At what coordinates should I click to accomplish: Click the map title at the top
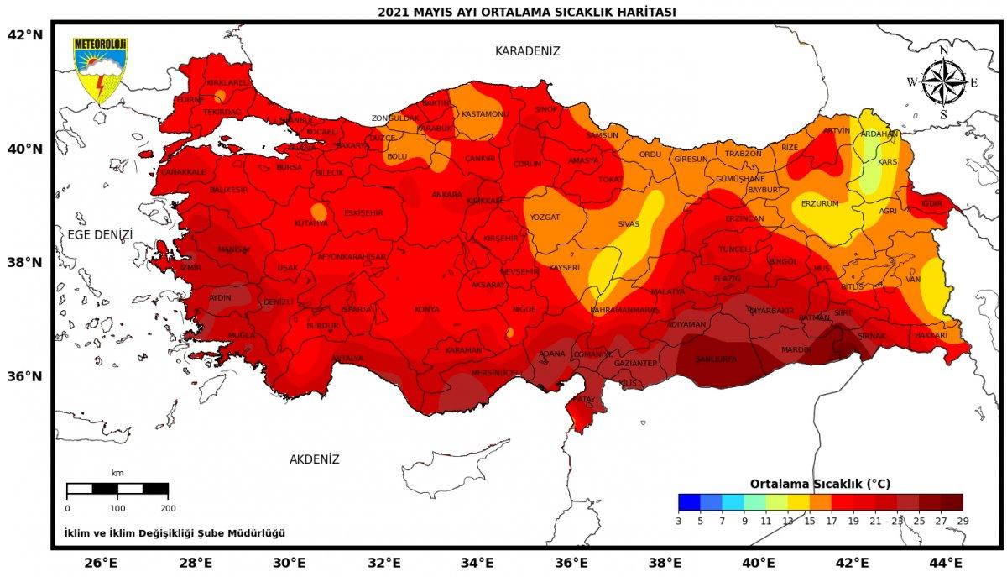pos(526,12)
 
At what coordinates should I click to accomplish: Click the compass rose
pos(942,82)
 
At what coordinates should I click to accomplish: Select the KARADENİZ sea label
pos(527,51)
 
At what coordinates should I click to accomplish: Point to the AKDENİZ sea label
pos(314,459)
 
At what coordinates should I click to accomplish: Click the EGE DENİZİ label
pos(101,234)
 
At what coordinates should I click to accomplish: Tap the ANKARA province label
pos(446,195)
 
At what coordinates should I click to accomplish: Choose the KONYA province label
pos(426,309)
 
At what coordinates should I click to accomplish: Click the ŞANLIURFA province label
pos(716,359)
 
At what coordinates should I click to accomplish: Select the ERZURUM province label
pos(820,203)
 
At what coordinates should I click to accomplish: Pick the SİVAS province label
pos(629,224)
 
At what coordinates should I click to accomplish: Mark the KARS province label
pos(887,161)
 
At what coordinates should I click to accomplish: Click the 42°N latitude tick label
pos(24,35)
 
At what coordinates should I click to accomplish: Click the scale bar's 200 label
pos(168,508)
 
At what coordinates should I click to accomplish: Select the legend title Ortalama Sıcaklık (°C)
pos(820,484)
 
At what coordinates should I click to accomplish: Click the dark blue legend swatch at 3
pos(688,502)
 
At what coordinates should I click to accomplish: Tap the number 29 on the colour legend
pos(962,521)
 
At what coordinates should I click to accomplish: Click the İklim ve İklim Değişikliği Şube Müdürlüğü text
pos(175,533)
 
